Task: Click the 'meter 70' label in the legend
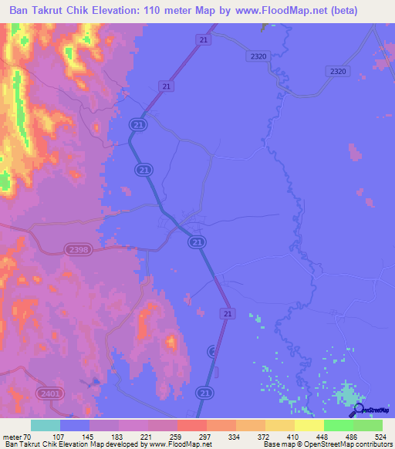click(x=17, y=436)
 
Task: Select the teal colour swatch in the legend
click(x=46, y=425)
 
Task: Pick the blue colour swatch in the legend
click(x=75, y=425)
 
